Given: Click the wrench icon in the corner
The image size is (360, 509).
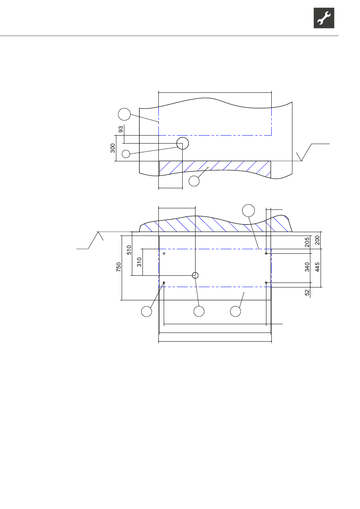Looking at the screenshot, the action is [x=324, y=18].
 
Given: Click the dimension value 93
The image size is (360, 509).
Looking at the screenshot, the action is [x=121, y=129].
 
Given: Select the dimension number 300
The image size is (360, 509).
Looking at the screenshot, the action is [x=113, y=148].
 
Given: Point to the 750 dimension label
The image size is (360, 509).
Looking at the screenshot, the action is [x=119, y=267].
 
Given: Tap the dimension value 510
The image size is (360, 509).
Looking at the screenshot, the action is [x=129, y=250].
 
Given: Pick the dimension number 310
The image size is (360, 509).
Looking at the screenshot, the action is [x=139, y=262].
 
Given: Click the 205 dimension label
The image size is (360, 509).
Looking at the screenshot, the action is [x=307, y=242].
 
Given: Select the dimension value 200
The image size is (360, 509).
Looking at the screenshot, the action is [x=317, y=240].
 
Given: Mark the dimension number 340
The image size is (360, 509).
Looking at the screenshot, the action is [x=307, y=267].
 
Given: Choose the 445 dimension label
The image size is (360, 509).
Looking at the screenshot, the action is [x=317, y=267].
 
